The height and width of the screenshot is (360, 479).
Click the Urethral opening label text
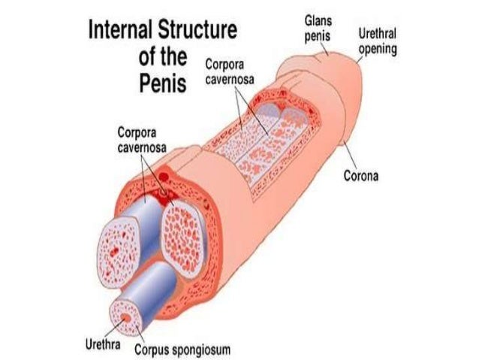pos(378,41)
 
